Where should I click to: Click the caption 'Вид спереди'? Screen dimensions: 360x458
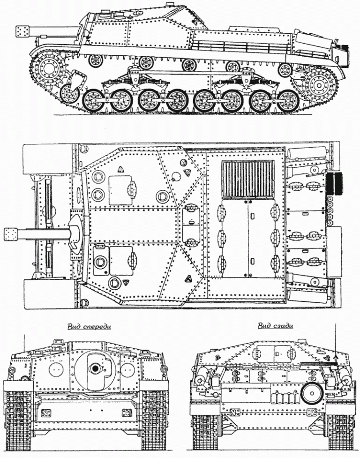pyautogui.click(x=90, y=326)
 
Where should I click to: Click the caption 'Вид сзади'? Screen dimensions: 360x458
pyautogui.click(x=275, y=326)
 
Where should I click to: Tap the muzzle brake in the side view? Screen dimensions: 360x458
pyautogui.click(x=23, y=31)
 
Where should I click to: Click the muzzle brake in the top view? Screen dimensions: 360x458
pyautogui.click(x=11, y=233)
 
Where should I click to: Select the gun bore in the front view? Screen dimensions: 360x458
pyautogui.click(x=95, y=368)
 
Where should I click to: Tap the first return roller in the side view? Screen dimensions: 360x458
pyautogui.click(x=95, y=60)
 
